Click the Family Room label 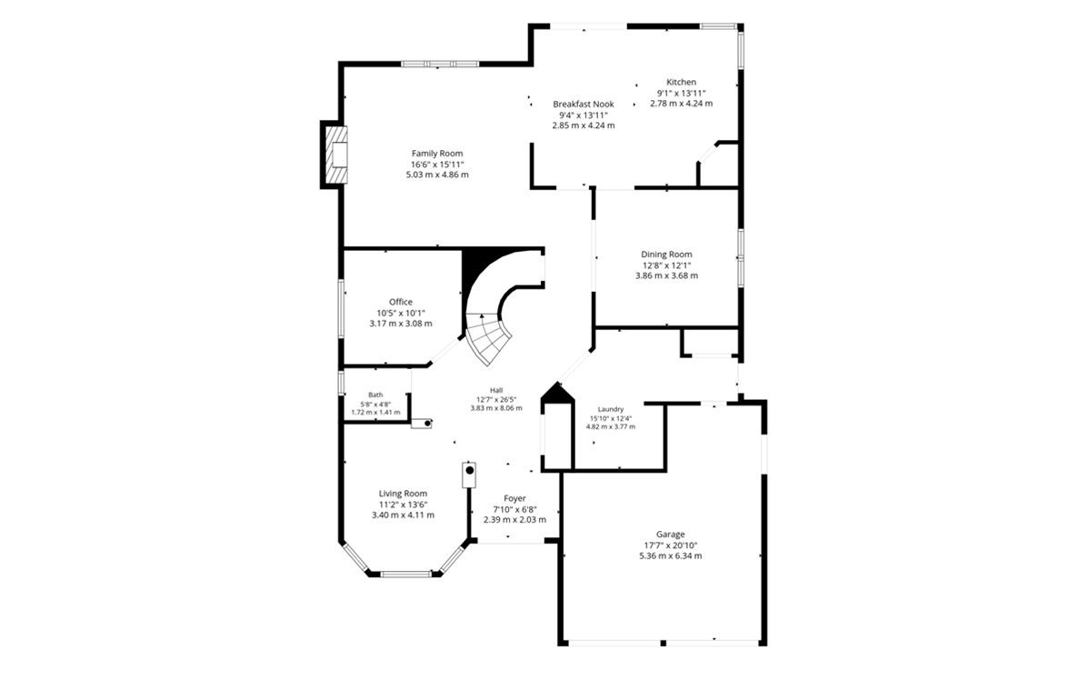pos(437,154)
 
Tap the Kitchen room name pos(682,82)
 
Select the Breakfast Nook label pos(584,104)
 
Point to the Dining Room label pos(667,254)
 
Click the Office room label pos(400,302)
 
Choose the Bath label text pos(375,395)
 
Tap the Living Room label pos(404,494)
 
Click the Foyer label pos(514,498)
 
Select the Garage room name pos(670,535)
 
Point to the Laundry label pos(611,409)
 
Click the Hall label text pos(496,391)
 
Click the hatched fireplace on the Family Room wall pos(336,154)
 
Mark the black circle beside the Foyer pos(470,470)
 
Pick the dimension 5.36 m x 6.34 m pos(670,555)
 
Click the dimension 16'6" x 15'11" pos(437,165)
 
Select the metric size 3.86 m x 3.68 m pos(667,275)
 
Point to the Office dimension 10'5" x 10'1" pos(400,313)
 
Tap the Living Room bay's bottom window pos(406,574)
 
